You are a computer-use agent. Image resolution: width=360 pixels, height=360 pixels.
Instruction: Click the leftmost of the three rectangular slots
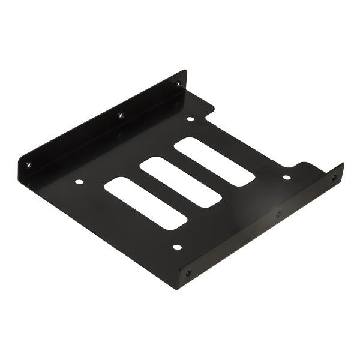[146, 203]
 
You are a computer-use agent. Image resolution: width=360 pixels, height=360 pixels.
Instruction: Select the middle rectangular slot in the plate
[181, 182]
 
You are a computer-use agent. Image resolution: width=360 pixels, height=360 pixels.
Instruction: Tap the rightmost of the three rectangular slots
[215, 161]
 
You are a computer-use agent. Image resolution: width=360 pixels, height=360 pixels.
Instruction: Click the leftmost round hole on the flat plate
[79, 181]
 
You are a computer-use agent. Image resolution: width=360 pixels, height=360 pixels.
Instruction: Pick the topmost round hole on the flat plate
[190, 119]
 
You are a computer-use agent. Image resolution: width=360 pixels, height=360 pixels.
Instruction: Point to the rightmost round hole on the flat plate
[286, 177]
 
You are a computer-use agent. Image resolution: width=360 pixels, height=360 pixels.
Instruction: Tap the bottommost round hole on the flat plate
[176, 247]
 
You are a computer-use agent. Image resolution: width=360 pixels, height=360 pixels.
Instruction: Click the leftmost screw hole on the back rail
[28, 164]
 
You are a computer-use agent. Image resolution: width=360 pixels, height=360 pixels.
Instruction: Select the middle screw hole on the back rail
[120, 115]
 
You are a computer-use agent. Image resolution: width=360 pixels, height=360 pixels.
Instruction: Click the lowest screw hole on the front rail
[189, 273]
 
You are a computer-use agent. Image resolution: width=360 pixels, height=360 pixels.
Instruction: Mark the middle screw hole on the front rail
[278, 213]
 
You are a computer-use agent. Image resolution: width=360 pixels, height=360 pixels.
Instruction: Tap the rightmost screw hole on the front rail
[334, 177]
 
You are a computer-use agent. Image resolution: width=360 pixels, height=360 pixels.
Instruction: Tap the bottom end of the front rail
[179, 284]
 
